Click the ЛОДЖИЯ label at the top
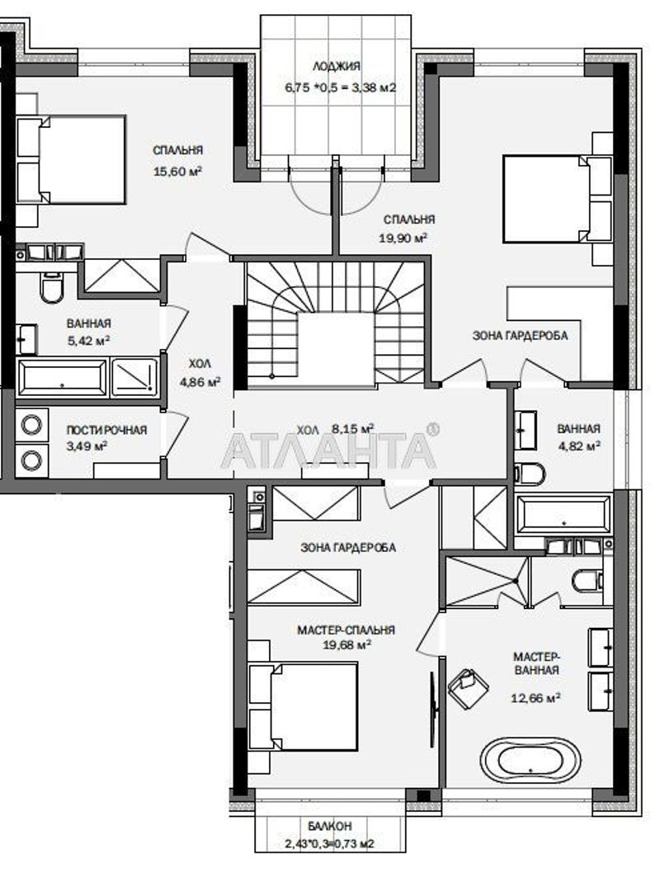(x=337, y=67)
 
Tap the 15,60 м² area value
(x=178, y=172)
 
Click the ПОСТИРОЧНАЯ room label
(x=106, y=430)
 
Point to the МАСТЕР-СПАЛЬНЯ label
(x=346, y=630)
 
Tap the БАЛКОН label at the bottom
(x=330, y=825)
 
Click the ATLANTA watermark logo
(x=330, y=450)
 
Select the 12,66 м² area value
(x=536, y=697)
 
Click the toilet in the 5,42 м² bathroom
(x=52, y=287)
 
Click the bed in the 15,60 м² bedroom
(x=71, y=160)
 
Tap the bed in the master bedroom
(x=304, y=707)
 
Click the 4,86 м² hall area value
(x=200, y=382)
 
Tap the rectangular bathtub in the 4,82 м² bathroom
(x=563, y=515)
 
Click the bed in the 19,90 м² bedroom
(x=557, y=199)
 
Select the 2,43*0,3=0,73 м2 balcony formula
(x=330, y=844)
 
